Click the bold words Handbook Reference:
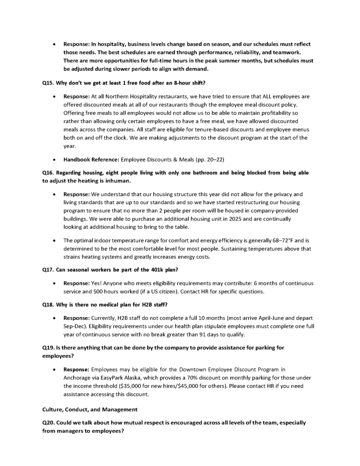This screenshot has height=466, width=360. coord(89,160)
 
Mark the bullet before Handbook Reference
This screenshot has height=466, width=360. coord(55,160)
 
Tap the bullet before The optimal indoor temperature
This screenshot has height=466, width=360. coord(55,239)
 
